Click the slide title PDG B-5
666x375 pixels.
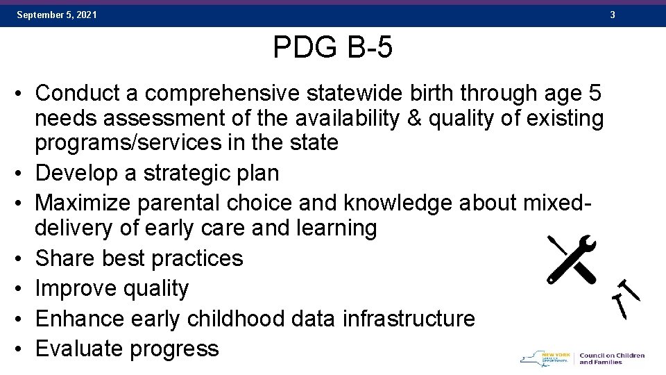(333, 48)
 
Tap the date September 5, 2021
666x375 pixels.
(57, 15)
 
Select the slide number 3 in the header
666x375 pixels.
(613, 15)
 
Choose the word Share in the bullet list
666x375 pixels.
(65, 258)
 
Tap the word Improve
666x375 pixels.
(78, 288)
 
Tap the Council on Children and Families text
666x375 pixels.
(611, 358)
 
